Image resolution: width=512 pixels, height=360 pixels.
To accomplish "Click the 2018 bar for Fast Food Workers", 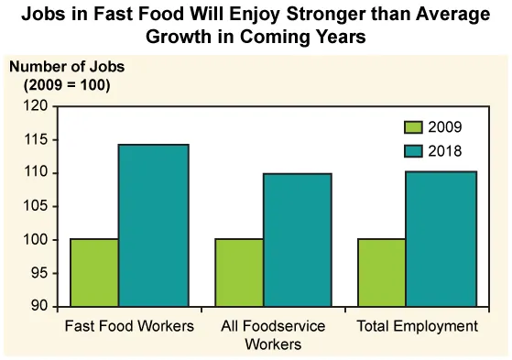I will (153, 225).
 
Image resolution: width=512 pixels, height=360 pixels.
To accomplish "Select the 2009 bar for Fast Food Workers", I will (94, 272).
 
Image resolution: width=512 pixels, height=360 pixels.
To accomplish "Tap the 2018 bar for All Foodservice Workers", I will (298, 240).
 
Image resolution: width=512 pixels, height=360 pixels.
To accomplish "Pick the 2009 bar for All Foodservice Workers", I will (239, 272).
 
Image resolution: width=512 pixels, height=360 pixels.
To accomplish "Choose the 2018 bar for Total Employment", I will (441, 239).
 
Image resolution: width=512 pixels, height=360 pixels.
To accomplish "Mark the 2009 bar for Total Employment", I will (382, 272).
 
